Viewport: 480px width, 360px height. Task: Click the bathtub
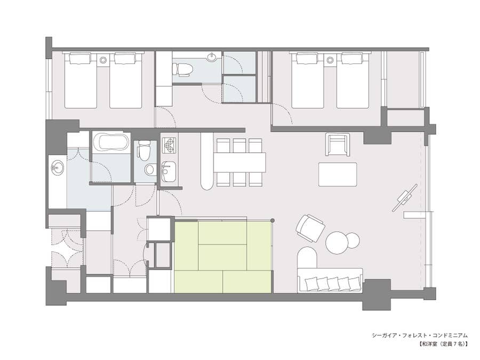coord(110,142)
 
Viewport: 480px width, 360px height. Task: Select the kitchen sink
coord(169,172)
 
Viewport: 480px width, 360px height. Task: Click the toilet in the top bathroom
coord(182,69)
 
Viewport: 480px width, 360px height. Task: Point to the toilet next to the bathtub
coord(143,150)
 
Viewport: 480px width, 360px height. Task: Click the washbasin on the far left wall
coord(57,169)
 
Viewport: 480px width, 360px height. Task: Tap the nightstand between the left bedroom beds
coord(103,59)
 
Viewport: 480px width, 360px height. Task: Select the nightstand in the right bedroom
coord(330,59)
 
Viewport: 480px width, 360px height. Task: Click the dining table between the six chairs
coord(239,162)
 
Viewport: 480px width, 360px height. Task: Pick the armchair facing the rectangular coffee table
coord(338,145)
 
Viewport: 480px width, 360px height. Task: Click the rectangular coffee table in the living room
coord(338,174)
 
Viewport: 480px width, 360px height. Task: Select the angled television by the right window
coord(405,198)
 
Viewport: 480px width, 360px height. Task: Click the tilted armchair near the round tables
coord(310,229)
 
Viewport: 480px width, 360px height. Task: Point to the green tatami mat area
coord(223,257)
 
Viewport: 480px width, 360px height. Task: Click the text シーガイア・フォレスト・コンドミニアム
coord(420,335)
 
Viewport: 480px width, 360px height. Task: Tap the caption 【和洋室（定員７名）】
coord(443,344)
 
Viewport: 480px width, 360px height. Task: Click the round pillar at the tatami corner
coord(272,220)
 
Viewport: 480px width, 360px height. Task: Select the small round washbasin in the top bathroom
coord(212,57)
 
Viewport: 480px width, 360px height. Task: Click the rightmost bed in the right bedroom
coord(353,81)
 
